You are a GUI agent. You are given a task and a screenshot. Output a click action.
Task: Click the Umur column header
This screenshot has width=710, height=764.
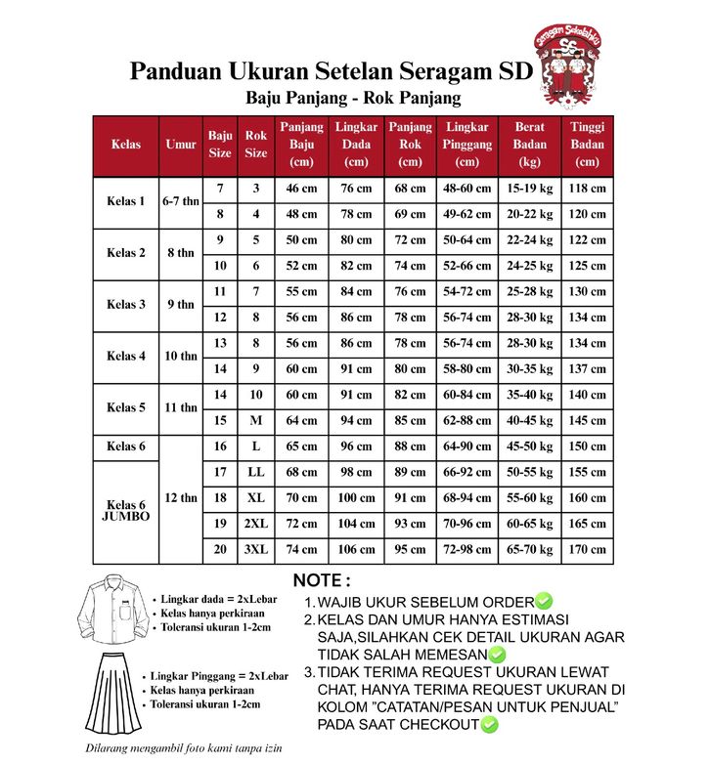[181, 144]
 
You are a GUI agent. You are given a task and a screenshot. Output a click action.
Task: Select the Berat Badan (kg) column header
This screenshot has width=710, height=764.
[530, 144]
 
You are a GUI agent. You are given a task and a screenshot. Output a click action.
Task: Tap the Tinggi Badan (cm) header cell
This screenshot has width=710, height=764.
[587, 144]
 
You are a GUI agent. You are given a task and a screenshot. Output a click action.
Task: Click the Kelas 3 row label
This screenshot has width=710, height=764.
[126, 305]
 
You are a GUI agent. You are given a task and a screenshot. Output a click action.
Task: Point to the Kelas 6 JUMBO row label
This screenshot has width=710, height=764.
[126, 510]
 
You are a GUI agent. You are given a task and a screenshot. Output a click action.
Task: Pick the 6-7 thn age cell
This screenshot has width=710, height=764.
[181, 201]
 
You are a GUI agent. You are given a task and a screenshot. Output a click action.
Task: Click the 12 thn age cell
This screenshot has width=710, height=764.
[181, 498]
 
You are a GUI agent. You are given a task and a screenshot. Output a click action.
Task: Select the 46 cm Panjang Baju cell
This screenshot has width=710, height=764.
[301, 189]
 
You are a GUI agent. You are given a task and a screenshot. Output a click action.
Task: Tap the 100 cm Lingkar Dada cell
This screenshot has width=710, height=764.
[356, 498]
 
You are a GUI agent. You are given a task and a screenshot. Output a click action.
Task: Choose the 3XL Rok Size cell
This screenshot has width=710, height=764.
[256, 550]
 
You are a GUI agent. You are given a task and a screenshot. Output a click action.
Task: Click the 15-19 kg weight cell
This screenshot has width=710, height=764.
[530, 189]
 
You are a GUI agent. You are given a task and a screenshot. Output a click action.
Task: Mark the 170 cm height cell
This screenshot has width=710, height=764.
[587, 550]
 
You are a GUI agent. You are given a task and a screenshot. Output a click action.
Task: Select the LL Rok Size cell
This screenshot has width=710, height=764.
[256, 473]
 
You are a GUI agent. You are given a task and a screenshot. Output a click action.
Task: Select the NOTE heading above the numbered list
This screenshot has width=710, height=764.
[322, 580]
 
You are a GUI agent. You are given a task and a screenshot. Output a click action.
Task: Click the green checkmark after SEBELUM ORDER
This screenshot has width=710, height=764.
[545, 602]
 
